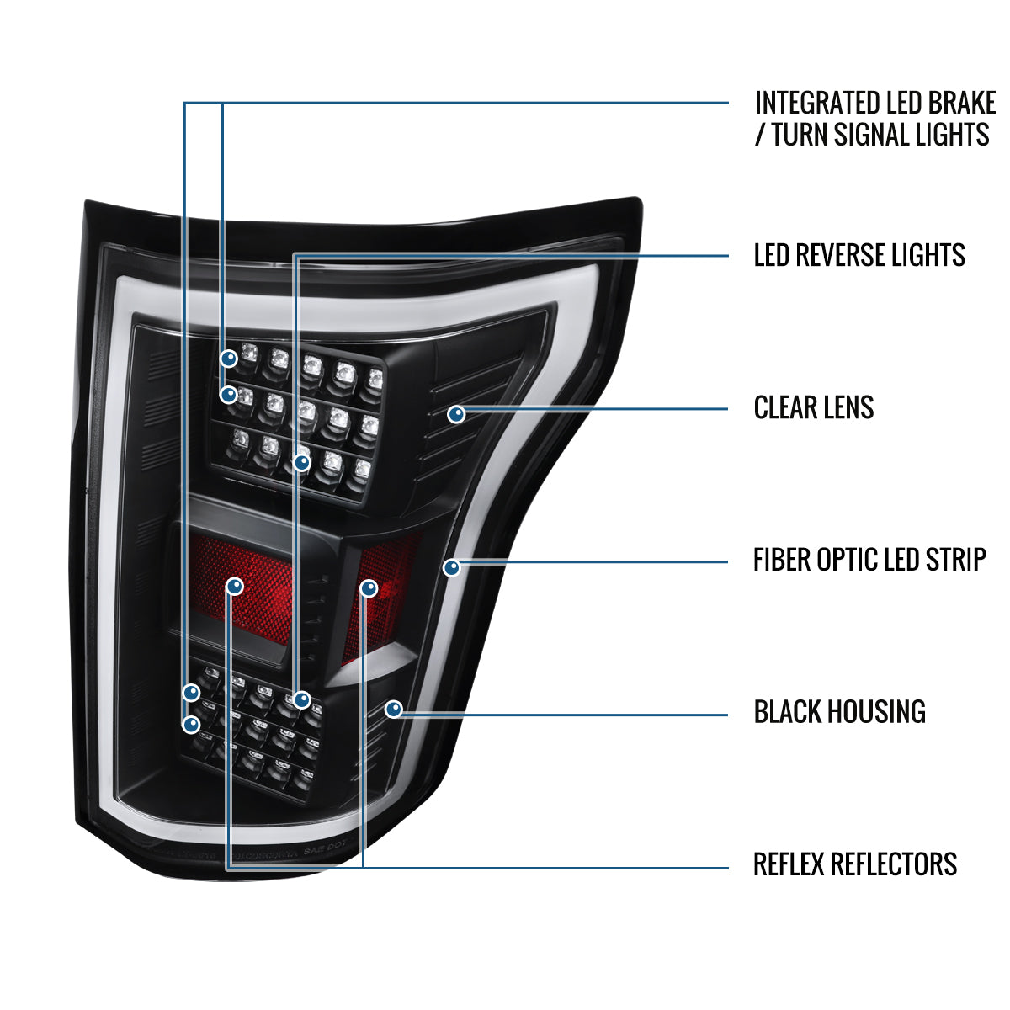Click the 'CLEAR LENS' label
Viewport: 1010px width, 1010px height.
click(813, 407)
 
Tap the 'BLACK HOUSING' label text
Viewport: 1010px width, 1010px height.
click(840, 712)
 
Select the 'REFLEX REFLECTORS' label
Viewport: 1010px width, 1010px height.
click(855, 864)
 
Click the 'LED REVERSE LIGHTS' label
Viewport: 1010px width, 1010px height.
click(859, 255)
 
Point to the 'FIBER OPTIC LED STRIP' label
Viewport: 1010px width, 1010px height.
click(869, 560)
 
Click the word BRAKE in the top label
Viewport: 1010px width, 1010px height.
click(962, 103)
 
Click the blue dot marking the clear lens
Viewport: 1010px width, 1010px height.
click(456, 415)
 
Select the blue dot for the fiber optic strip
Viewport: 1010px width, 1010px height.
click(452, 567)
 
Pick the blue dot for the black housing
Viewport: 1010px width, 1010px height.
click(394, 710)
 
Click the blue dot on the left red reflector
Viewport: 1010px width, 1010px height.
click(235, 586)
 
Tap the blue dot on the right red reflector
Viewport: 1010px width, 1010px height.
click(369, 588)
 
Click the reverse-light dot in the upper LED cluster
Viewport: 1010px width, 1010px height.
click(302, 463)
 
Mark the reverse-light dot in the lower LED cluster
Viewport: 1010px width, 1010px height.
click(302, 699)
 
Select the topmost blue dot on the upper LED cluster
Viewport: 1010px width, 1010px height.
click(229, 359)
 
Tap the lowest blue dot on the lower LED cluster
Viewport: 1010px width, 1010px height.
click(191, 725)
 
